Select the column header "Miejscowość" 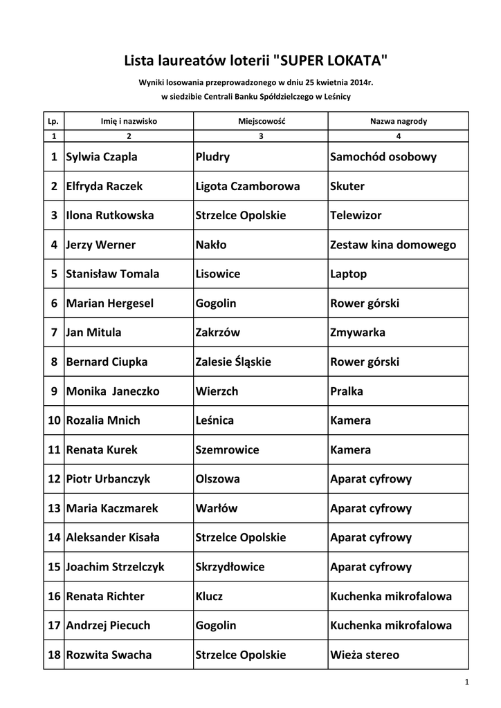(261, 121)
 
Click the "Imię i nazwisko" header (129, 121)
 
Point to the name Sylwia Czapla (101, 157)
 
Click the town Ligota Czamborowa (247, 186)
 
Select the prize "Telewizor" (356, 216)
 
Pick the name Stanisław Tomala (112, 274)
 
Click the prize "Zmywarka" (358, 333)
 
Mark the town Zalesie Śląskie (233, 362)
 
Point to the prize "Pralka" (347, 391)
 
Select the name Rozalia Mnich (102, 420)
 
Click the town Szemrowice (227, 449)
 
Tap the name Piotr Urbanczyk (107, 479)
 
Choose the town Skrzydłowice (230, 567)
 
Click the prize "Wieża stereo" (365, 655)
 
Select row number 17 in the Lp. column (53, 626)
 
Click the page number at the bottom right (467, 683)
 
